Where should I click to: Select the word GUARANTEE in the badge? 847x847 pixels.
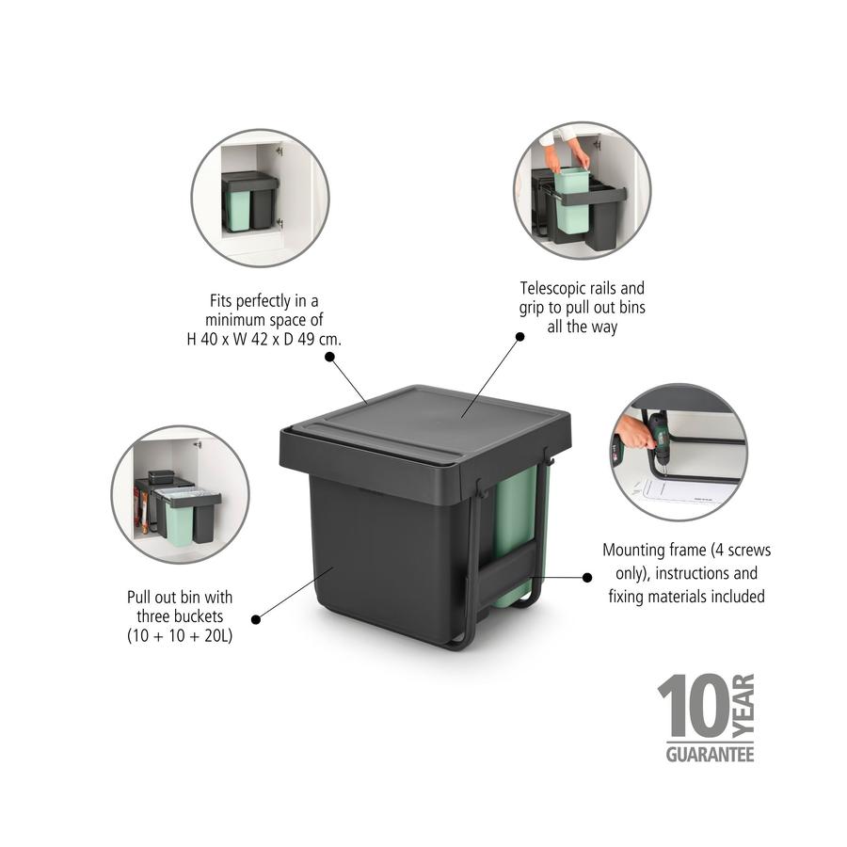click(710, 754)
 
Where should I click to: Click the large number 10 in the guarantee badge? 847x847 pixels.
click(692, 706)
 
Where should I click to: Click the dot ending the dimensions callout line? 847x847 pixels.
click(329, 357)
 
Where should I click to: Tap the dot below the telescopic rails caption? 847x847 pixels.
click(518, 336)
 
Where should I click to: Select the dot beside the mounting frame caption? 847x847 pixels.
click(587, 577)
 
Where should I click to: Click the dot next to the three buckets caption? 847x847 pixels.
click(255, 618)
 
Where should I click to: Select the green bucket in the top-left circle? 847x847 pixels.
click(238, 212)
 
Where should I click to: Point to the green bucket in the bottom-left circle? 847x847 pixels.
click(179, 521)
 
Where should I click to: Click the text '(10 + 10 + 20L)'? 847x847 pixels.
click(180, 636)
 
